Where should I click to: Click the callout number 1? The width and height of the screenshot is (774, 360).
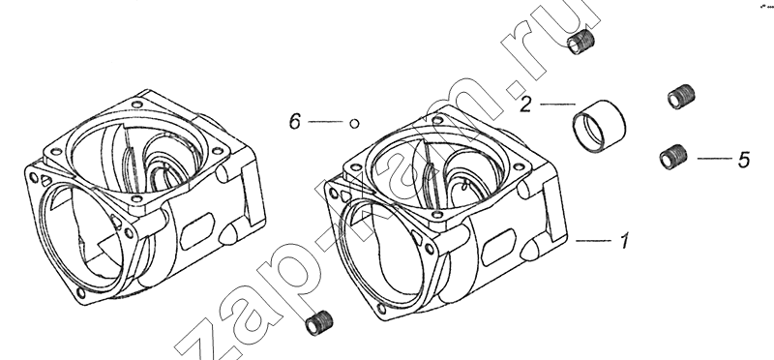pyautogui.click(x=624, y=242)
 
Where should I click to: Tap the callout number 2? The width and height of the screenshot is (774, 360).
pyautogui.click(x=525, y=105)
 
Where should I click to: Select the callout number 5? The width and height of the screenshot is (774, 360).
pyautogui.click(x=744, y=160)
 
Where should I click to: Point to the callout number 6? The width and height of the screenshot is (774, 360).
pyautogui.click(x=295, y=122)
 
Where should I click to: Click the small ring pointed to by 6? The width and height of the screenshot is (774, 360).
pyautogui.click(x=354, y=124)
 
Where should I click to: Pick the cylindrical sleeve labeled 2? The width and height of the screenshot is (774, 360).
pyautogui.click(x=599, y=126)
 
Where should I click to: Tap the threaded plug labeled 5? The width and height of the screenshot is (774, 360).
pyautogui.click(x=673, y=157)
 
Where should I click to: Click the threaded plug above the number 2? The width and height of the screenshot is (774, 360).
pyautogui.click(x=580, y=42)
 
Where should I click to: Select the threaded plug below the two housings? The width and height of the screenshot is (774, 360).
pyautogui.click(x=319, y=323)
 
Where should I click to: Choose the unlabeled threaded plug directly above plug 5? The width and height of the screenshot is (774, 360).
pyautogui.click(x=681, y=97)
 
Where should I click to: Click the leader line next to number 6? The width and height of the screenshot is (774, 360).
pyautogui.click(x=325, y=122)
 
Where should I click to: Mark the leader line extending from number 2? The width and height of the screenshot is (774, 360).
pyautogui.click(x=557, y=105)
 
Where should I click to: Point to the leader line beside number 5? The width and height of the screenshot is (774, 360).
pyautogui.click(x=714, y=159)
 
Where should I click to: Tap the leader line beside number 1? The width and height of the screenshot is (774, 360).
pyautogui.click(x=593, y=241)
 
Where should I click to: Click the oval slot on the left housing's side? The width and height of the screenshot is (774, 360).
pyautogui.click(x=196, y=231)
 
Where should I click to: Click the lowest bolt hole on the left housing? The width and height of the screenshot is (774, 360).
pyautogui.click(x=80, y=293)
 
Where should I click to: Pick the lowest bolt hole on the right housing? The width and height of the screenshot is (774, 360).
pyautogui.click(x=381, y=309)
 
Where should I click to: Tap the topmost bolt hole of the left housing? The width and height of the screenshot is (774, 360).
pyautogui.click(x=136, y=105)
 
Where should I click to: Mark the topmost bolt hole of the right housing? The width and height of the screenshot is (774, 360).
pyautogui.click(x=437, y=119)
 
